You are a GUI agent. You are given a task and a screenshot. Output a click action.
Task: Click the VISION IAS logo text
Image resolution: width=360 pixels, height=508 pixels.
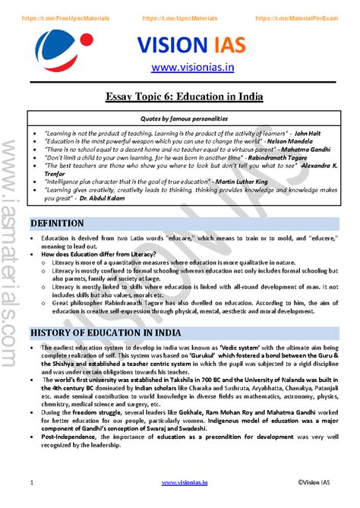coord(191,46)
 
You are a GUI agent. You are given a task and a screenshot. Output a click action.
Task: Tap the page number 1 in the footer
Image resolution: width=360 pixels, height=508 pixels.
coord(31,482)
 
